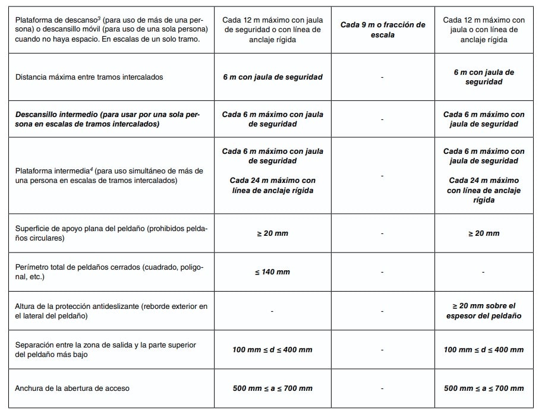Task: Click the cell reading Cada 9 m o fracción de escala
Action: tap(383, 30)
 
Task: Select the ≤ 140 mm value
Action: tap(272, 271)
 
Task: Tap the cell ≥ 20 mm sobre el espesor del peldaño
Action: tap(483, 311)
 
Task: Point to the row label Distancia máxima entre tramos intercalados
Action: tap(89, 77)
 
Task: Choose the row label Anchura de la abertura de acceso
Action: tap(72, 388)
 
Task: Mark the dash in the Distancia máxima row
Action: tap(383, 77)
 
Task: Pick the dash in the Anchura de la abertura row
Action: tap(383, 388)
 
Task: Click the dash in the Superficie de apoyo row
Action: tap(383, 233)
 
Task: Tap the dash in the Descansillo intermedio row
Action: tap(383, 119)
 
